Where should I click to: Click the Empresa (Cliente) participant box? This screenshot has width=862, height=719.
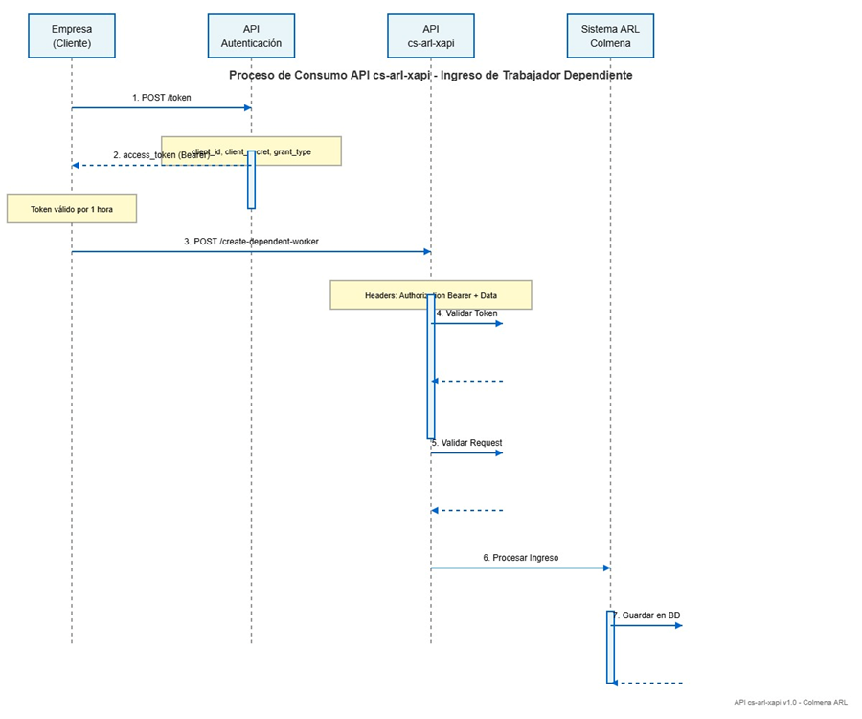pyautogui.click(x=72, y=36)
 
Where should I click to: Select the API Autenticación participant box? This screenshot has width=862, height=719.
pyautogui.click(x=251, y=36)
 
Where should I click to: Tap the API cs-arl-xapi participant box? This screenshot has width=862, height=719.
pyautogui.click(x=430, y=36)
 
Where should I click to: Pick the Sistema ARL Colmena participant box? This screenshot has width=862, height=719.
pyautogui.click(x=610, y=36)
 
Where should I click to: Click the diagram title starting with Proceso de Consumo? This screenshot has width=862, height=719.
pyautogui.click(x=430, y=75)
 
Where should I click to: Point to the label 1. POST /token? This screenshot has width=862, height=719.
pyautogui.click(x=161, y=98)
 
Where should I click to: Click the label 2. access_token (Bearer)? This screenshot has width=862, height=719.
pyautogui.click(x=161, y=155)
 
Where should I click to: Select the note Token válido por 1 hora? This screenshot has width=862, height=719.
pyautogui.click(x=72, y=209)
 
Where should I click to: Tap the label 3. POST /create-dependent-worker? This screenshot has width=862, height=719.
pyautogui.click(x=251, y=242)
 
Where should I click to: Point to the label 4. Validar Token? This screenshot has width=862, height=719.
pyautogui.click(x=467, y=313)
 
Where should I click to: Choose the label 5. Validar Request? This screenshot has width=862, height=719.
pyautogui.click(x=467, y=443)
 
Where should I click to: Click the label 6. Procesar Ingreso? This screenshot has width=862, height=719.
pyautogui.click(x=520, y=558)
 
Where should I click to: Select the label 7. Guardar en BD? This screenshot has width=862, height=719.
pyautogui.click(x=647, y=615)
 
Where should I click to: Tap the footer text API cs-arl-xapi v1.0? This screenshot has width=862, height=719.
pyautogui.click(x=790, y=702)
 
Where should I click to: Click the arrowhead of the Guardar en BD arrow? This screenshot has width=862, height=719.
pyautogui.click(x=678, y=625)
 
